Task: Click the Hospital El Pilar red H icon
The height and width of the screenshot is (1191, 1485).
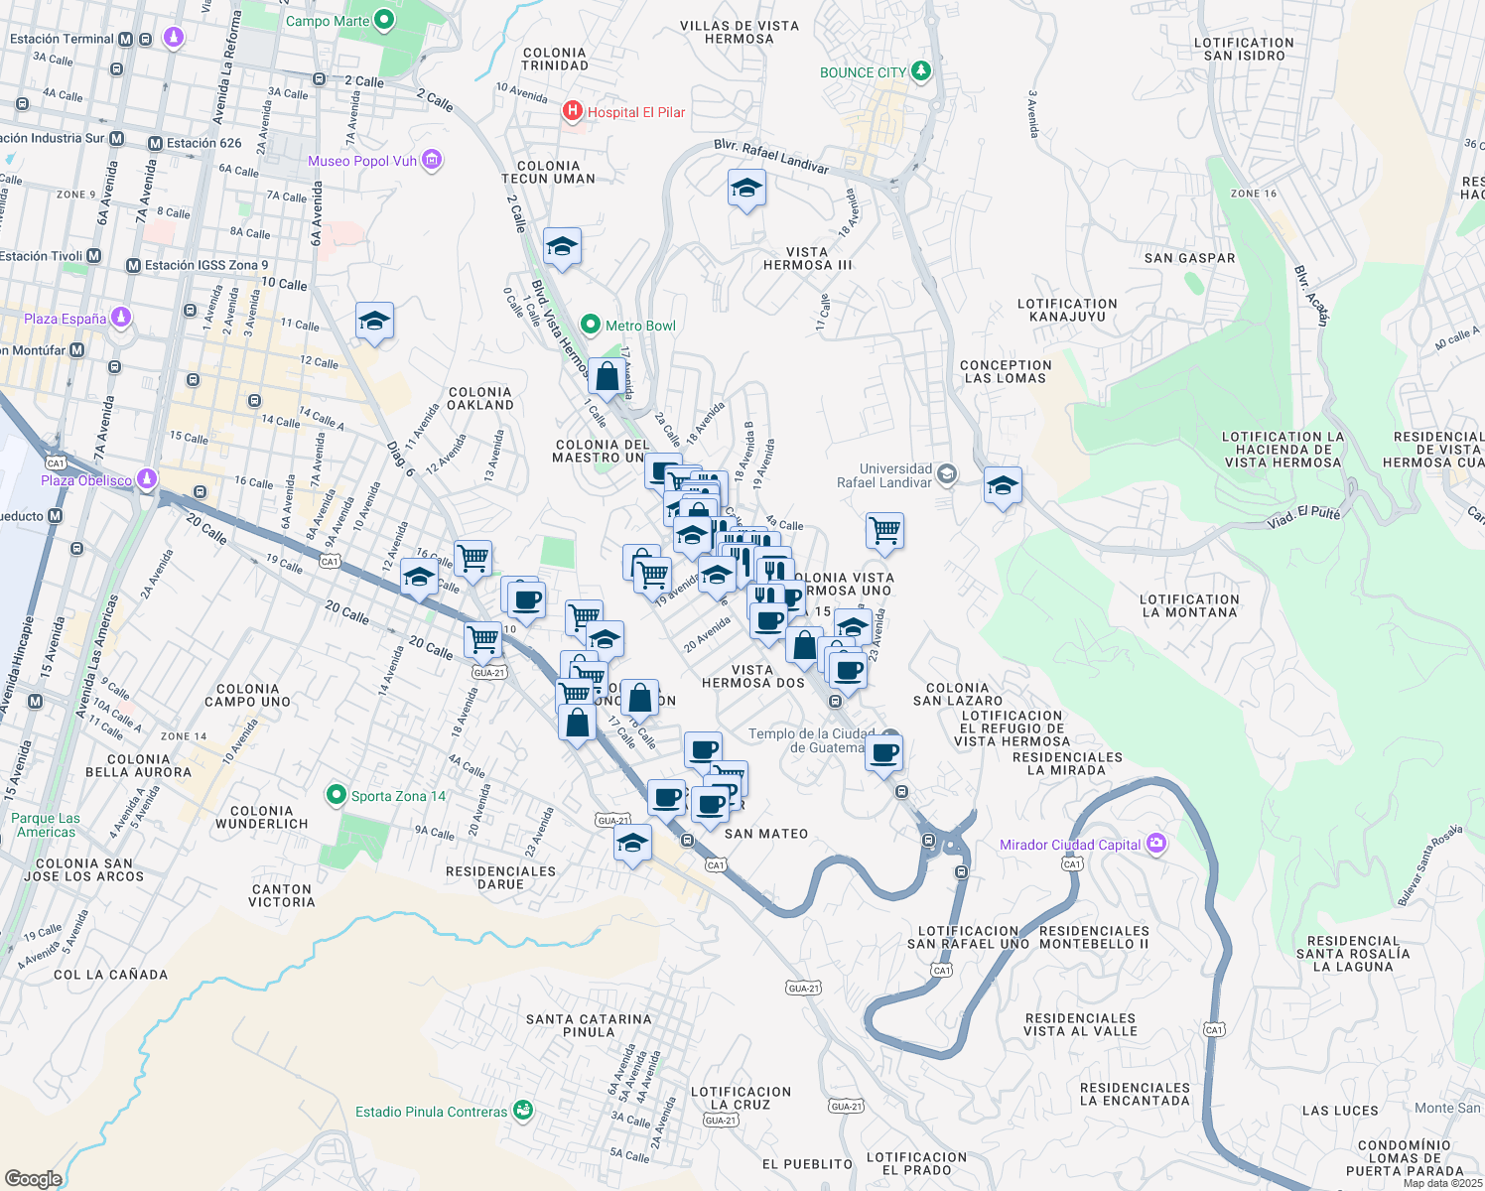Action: (x=573, y=111)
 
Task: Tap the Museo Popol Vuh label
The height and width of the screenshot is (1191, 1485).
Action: (x=362, y=161)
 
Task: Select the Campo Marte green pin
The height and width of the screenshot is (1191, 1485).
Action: (x=384, y=20)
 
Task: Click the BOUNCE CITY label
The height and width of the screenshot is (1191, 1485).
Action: (x=863, y=72)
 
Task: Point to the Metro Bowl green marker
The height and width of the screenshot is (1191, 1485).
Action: (x=591, y=325)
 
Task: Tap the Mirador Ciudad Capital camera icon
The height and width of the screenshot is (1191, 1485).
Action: (x=1155, y=844)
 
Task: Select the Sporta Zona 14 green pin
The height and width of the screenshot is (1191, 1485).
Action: (x=337, y=795)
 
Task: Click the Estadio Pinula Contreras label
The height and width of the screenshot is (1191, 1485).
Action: (x=431, y=1112)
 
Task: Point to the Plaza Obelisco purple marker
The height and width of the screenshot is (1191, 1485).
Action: (x=147, y=479)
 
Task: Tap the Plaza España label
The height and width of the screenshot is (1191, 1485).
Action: (x=66, y=319)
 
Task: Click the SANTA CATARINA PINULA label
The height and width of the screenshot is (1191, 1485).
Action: (x=589, y=1025)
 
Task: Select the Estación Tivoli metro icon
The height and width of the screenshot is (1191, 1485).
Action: (x=94, y=256)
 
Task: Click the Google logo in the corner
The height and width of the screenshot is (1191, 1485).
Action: (x=33, y=1178)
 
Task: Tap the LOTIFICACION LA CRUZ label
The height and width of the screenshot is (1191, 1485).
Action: (x=741, y=1098)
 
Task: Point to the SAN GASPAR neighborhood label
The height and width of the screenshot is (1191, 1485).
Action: (x=1189, y=258)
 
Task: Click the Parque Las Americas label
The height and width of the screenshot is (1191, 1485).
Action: (x=46, y=825)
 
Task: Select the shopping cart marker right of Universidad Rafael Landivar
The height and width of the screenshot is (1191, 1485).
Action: (x=884, y=530)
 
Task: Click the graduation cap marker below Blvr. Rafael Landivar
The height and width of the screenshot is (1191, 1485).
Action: (x=746, y=188)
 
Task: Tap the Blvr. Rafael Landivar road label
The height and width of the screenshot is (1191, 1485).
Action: (x=771, y=156)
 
